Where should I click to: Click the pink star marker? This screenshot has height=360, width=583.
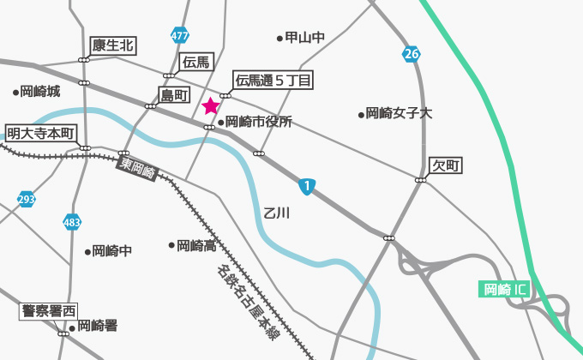(x=210, y=106)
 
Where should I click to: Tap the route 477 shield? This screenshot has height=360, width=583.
(x=179, y=36)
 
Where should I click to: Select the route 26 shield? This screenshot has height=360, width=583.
(x=411, y=55)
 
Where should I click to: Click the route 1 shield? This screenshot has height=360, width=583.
(x=306, y=185)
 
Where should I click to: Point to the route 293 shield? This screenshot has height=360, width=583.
(x=27, y=200)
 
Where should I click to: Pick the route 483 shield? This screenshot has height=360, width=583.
(x=72, y=222)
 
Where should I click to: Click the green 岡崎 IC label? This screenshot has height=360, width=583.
(x=504, y=289)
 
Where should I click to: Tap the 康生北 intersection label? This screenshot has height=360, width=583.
(x=113, y=45)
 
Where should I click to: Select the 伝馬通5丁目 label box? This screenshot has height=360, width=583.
(x=273, y=81)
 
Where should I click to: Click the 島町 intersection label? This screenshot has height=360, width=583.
(x=174, y=94)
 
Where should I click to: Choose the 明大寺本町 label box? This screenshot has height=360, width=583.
(x=41, y=133)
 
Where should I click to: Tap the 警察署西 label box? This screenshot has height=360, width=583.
(x=49, y=310)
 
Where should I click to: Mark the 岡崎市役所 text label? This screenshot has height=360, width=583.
(x=259, y=123)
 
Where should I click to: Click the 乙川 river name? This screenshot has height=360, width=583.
(x=277, y=212)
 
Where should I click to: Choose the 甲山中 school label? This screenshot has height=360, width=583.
(x=305, y=38)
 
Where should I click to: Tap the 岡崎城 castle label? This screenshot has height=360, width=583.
(x=40, y=91)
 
